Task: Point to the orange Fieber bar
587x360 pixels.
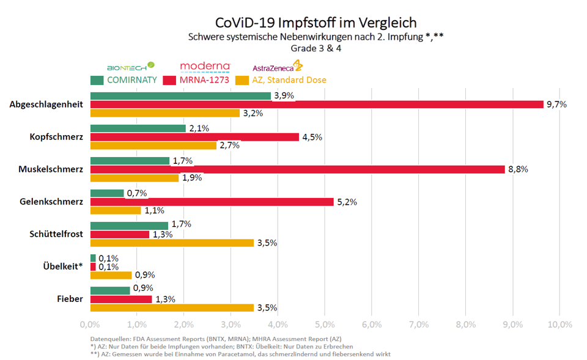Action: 172,308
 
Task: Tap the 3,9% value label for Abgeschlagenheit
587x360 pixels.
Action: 284,96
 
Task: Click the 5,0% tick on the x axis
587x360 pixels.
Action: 324,323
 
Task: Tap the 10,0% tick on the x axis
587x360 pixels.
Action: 559,323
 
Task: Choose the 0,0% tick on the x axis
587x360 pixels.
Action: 90,323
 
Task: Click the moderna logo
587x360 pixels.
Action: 205,66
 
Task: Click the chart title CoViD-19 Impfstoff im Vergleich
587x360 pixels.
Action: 316,23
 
